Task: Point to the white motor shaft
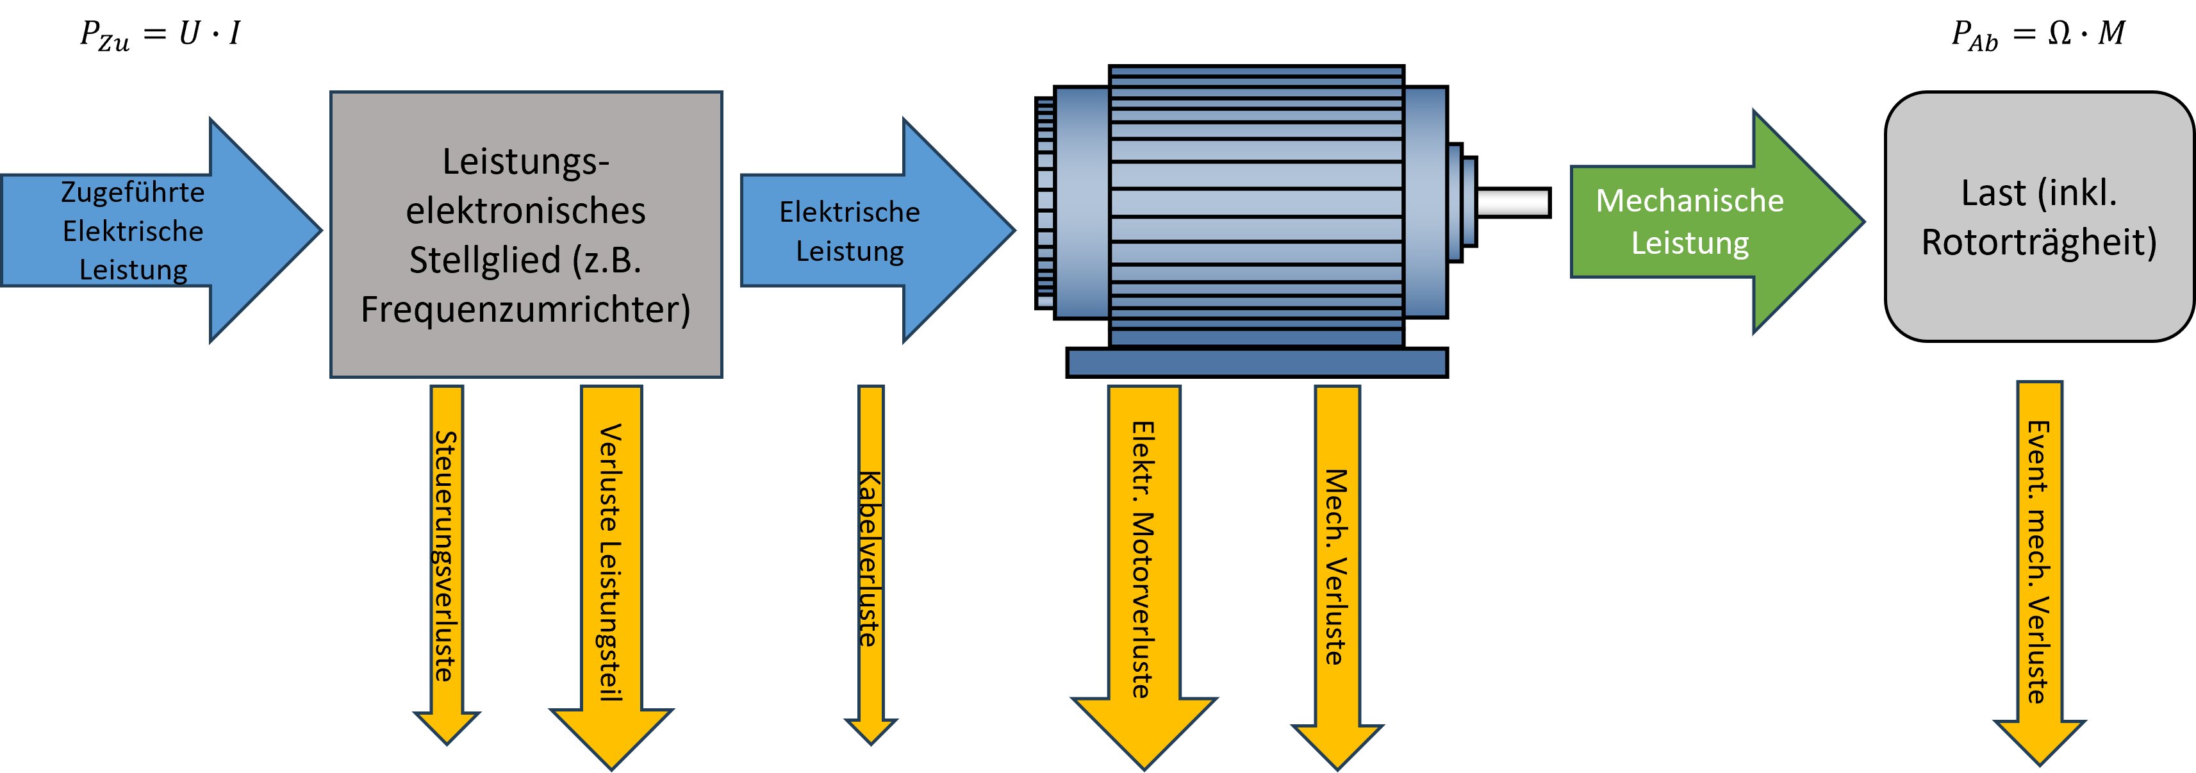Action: [x=1512, y=203]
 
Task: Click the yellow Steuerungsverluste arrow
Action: [x=447, y=554]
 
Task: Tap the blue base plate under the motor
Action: [x=1257, y=363]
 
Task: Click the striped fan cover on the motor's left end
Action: [x=1046, y=203]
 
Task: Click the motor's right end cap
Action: [x=1424, y=203]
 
